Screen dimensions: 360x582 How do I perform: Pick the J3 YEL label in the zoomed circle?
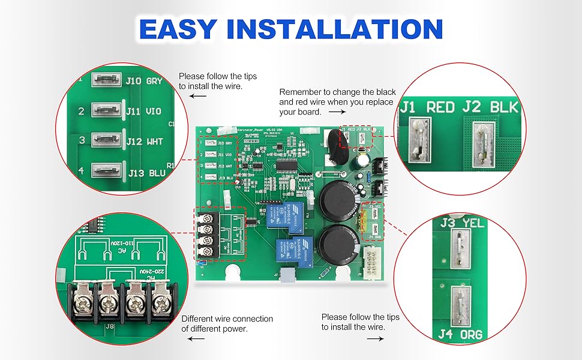tap(465, 224)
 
